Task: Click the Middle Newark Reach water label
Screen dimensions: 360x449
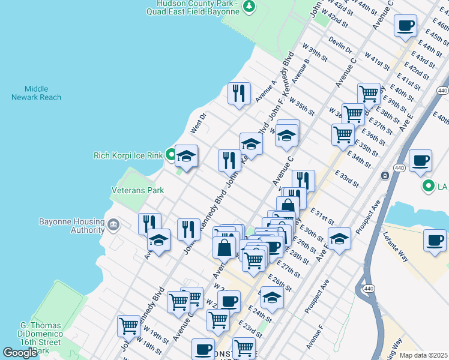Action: (36, 92)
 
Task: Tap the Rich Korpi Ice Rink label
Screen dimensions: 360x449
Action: (128, 155)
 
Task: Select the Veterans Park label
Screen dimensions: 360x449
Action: (137, 190)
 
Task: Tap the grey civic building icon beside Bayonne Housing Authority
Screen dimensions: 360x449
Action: (113, 226)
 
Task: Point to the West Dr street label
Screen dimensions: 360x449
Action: (198, 123)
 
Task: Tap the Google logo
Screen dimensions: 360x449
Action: (19, 353)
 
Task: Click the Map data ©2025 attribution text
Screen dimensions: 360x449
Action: (423, 355)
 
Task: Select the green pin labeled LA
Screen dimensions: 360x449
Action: (427, 186)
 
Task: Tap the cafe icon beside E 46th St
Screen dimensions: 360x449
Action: (406, 26)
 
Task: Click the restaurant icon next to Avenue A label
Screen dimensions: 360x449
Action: (239, 93)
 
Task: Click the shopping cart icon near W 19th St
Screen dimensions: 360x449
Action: (129, 326)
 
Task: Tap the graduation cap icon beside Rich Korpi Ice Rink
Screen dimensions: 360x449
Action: (186, 157)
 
